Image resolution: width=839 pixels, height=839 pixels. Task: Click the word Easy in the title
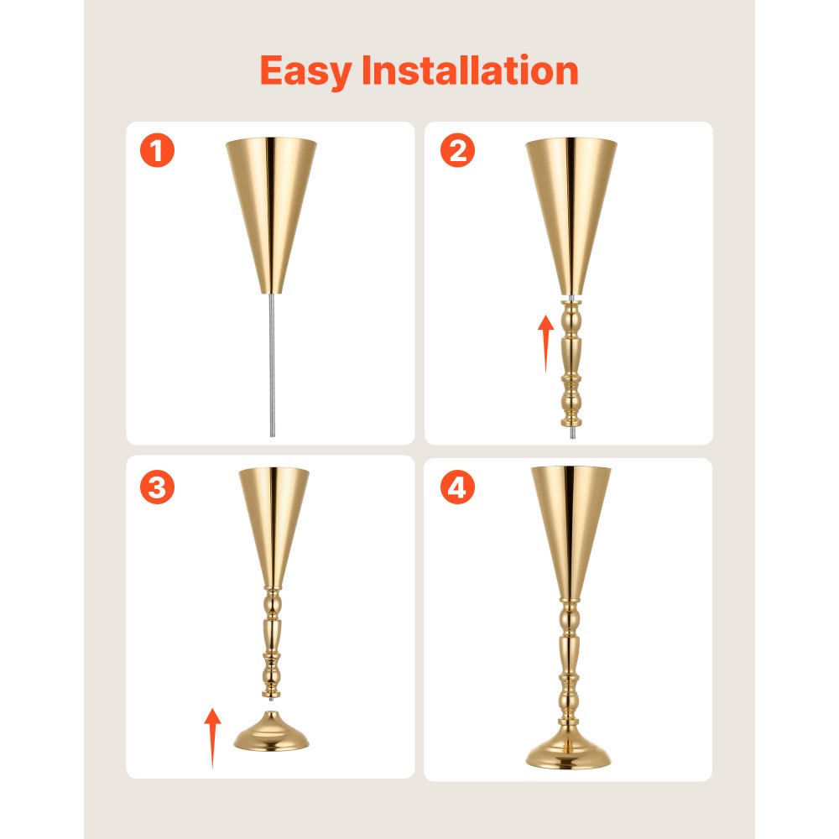tap(306, 71)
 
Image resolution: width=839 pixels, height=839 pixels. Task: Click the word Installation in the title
tap(470, 70)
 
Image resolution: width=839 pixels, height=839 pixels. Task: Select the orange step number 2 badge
tap(457, 152)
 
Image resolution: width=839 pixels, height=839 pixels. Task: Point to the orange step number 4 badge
tap(457, 487)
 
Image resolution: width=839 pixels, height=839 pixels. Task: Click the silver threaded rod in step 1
tap(272, 361)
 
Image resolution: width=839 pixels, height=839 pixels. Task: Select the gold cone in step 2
tap(571, 210)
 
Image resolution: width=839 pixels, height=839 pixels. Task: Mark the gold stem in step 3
tap(272, 642)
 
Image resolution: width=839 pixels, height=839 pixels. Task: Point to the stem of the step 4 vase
tap(569, 663)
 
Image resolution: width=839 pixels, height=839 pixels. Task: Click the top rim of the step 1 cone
tap(272, 142)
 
